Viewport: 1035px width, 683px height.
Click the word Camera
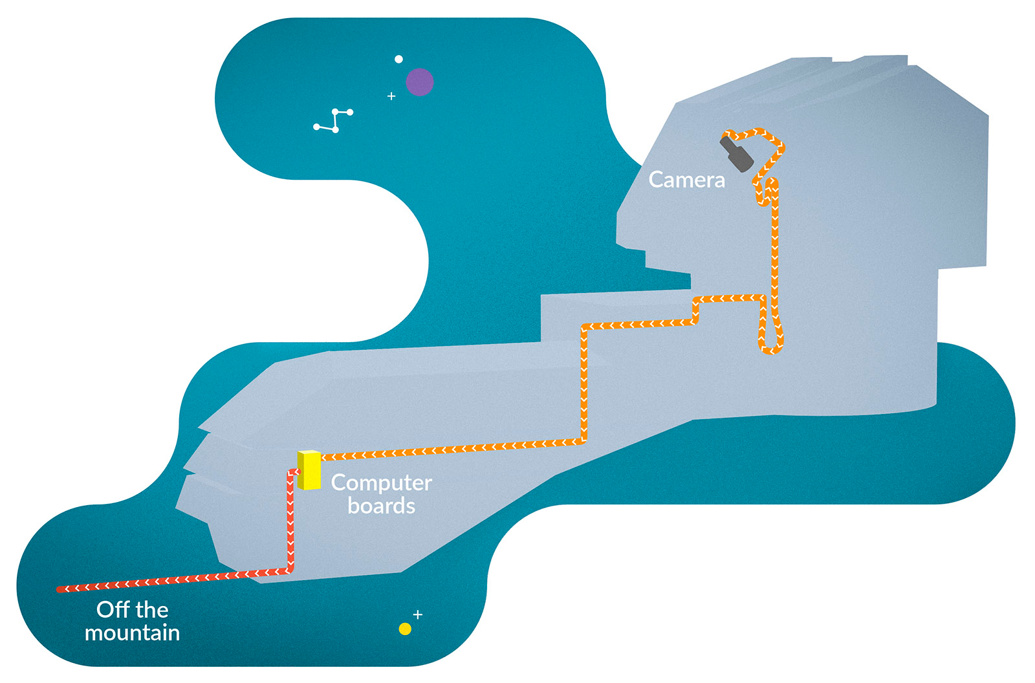coord(686,180)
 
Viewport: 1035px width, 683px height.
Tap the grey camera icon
coord(737,153)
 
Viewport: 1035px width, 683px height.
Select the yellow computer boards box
coord(309,470)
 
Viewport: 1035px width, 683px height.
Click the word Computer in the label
coord(381,483)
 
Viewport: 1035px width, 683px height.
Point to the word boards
coord(381,506)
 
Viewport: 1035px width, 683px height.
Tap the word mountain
coord(132,633)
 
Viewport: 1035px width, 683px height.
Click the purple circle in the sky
coord(419,82)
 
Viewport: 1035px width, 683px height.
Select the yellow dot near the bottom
coord(405,629)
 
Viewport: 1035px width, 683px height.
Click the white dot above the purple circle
coord(398,60)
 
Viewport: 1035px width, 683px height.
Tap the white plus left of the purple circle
coord(391,96)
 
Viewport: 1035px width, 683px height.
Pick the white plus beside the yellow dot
coord(418,614)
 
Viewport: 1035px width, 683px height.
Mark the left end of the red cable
coord(60,589)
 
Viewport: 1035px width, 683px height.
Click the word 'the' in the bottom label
coord(152,609)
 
